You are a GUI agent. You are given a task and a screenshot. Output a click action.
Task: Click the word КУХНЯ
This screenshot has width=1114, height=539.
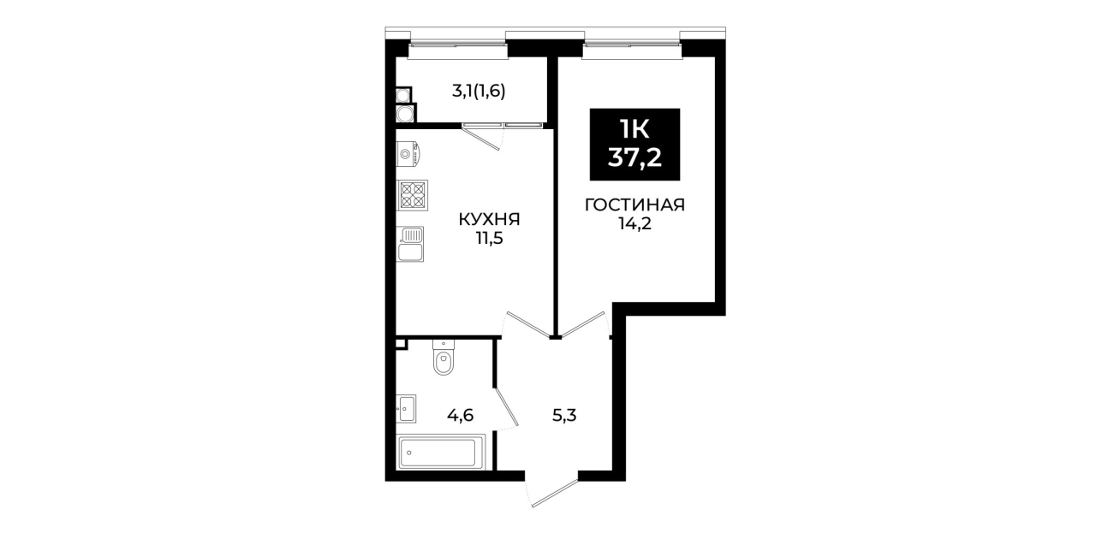pyautogui.click(x=490, y=219)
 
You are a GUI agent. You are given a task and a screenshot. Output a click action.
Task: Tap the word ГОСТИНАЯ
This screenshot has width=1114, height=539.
pyautogui.click(x=634, y=204)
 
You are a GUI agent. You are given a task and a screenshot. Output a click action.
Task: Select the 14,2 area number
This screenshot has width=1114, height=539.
pyautogui.click(x=634, y=224)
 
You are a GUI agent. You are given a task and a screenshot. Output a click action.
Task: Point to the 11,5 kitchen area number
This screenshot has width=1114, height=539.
pyautogui.click(x=490, y=239)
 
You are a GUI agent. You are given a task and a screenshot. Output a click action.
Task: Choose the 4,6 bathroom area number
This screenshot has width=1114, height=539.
pyautogui.click(x=460, y=415)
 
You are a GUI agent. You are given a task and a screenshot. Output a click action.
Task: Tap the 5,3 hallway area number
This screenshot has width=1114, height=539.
pyautogui.click(x=564, y=415)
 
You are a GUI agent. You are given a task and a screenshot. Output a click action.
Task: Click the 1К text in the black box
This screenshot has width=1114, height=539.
pyautogui.click(x=634, y=130)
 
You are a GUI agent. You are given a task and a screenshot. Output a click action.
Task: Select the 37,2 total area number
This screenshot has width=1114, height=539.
pyautogui.click(x=634, y=158)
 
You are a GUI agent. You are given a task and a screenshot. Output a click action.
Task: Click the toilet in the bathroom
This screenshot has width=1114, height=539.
pyautogui.click(x=443, y=357)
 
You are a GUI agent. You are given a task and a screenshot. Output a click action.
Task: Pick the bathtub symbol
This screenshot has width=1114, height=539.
pyautogui.click(x=441, y=452)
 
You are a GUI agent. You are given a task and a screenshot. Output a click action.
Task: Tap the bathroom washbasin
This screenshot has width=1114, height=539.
pyautogui.click(x=407, y=409)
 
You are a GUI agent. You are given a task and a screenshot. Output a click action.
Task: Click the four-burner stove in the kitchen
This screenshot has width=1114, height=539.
pyautogui.click(x=412, y=195)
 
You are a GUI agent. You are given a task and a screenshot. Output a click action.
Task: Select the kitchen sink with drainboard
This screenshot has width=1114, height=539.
pyautogui.click(x=410, y=244)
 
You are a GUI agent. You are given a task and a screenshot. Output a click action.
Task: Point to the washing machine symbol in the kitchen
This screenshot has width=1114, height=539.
pyautogui.click(x=408, y=154)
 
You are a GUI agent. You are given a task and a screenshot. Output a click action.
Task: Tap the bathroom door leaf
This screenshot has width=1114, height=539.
pyautogui.click(x=506, y=408)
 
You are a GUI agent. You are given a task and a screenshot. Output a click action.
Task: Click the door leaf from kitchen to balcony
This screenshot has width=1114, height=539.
pyautogui.click(x=481, y=137)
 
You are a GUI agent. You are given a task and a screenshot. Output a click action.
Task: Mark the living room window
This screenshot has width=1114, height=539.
pyautogui.click(x=632, y=51)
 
